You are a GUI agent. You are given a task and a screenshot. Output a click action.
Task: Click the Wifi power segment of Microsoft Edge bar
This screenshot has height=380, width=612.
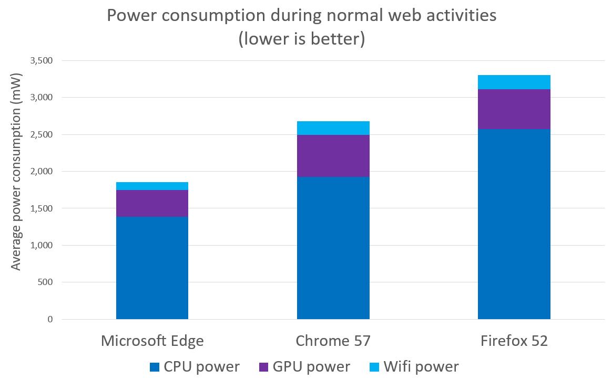point(152,186)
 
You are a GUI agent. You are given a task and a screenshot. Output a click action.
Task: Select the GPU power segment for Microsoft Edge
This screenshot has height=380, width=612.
point(152,203)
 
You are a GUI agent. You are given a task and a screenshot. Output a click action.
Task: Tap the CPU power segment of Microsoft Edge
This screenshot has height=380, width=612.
point(152,268)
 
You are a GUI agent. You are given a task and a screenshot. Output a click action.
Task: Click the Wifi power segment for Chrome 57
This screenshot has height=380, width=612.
point(333,128)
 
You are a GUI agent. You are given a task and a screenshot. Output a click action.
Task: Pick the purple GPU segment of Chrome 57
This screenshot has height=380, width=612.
point(333,156)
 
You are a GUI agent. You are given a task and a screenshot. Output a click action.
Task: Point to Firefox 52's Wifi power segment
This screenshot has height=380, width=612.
point(514,82)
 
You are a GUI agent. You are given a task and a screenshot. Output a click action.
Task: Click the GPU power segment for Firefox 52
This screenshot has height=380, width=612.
point(514,109)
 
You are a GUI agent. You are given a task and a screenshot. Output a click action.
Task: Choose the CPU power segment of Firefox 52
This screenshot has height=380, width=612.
point(514,224)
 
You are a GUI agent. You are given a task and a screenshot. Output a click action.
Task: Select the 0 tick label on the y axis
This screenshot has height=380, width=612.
point(50,319)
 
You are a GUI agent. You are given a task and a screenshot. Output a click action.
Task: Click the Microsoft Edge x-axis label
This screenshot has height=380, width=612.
point(152,341)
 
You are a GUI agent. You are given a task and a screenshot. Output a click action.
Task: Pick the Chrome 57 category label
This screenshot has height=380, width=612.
point(333,341)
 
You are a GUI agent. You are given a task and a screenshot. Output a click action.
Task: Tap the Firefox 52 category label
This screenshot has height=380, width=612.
point(514,341)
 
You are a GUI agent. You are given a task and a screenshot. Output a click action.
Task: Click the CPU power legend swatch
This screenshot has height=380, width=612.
point(156,367)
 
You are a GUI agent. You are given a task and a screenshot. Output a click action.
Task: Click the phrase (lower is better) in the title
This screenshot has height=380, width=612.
point(301,39)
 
